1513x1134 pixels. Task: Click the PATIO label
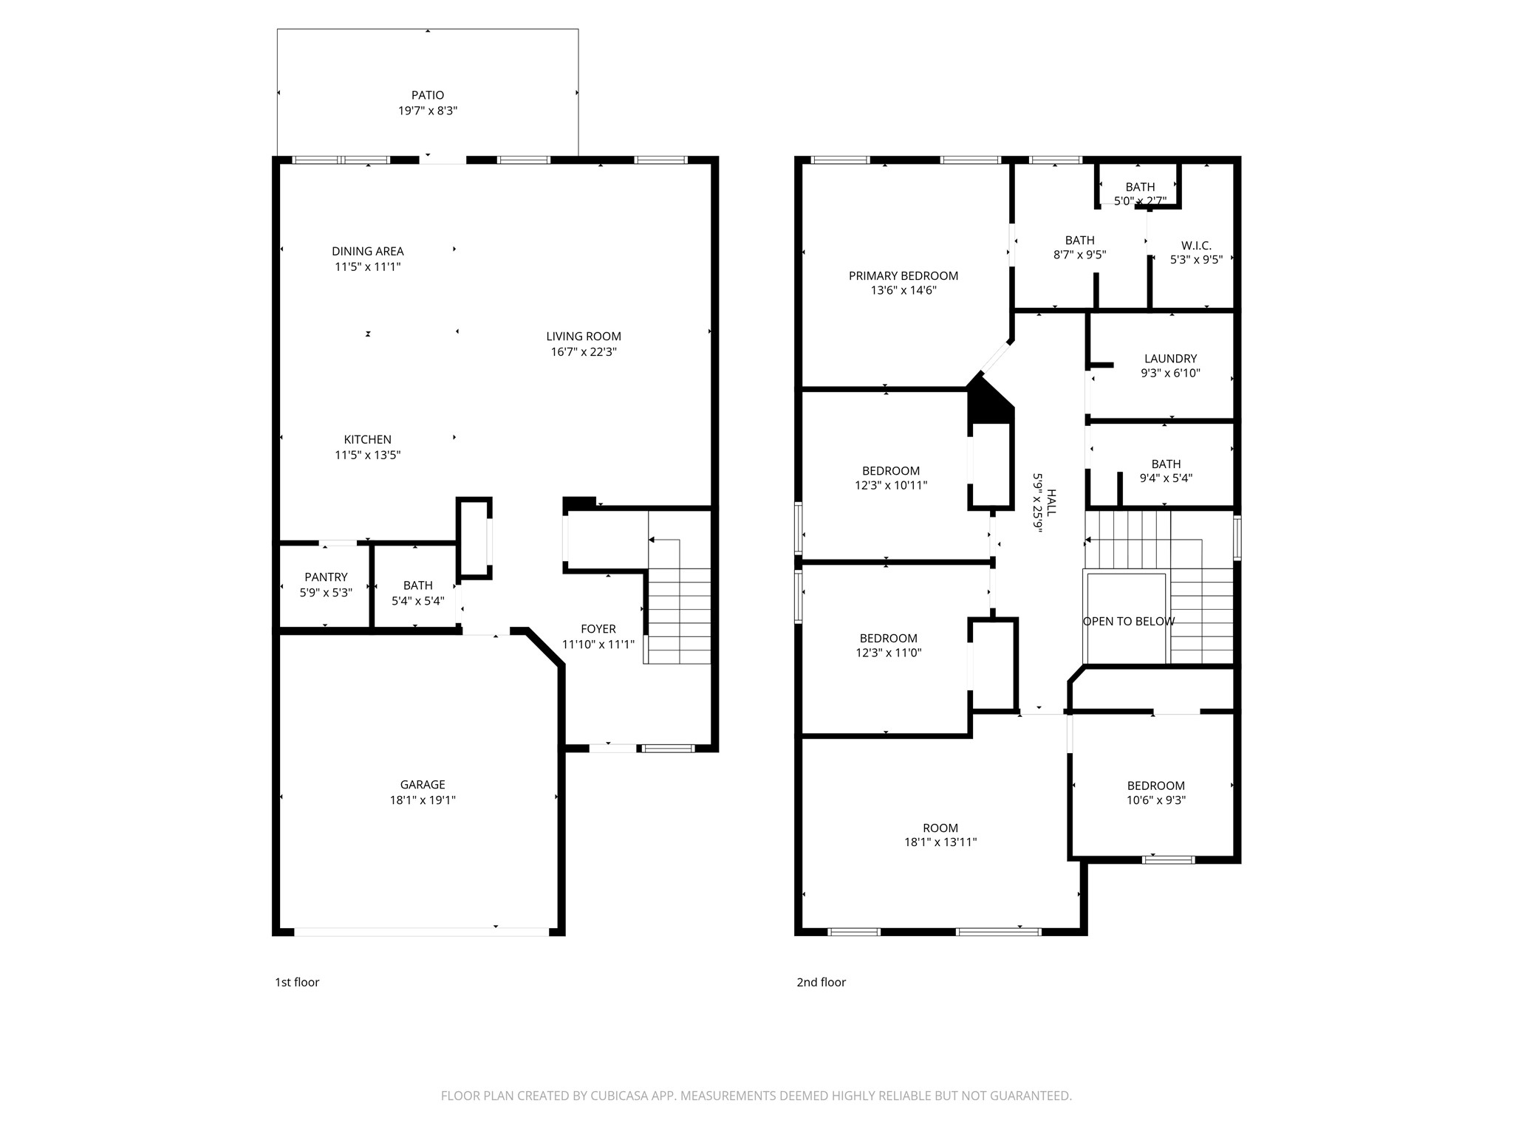tap(428, 95)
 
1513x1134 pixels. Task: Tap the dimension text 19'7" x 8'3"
tap(428, 111)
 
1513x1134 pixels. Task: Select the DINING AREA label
tap(368, 251)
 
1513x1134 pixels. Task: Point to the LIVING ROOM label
tap(584, 337)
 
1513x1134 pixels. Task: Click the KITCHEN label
tap(368, 439)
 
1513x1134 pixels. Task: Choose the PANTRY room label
tap(326, 577)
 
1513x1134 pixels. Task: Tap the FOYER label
tap(598, 629)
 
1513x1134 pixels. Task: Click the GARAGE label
tap(423, 785)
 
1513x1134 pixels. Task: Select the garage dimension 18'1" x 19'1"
tap(423, 800)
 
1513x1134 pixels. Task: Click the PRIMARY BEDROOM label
tap(904, 276)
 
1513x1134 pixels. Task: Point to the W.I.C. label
tap(1196, 246)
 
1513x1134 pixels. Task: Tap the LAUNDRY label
tap(1171, 359)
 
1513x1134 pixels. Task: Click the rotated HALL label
tap(1051, 503)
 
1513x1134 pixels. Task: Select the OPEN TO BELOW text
tap(1129, 622)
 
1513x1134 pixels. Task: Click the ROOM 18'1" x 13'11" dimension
tap(940, 842)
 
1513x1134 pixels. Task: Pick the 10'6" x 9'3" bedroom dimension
tap(1156, 800)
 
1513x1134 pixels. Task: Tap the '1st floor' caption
tap(297, 982)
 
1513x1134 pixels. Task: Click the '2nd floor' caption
tap(822, 982)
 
